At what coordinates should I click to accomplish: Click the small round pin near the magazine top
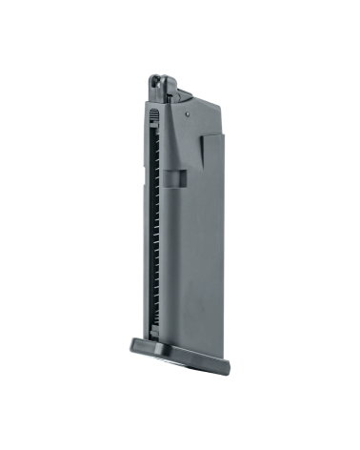pyautogui.click(x=187, y=109)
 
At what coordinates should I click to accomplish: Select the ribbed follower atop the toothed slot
pyautogui.click(x=153, y=114)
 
